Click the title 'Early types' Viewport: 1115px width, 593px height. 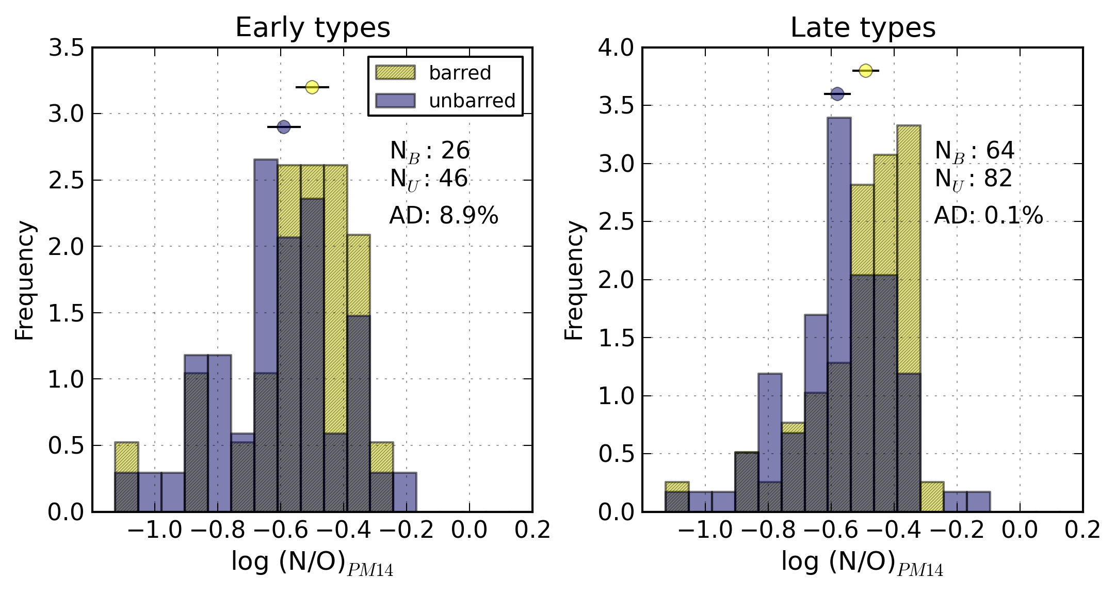pyautogui.click(x=313, y=27)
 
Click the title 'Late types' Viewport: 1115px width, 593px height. pyautogui.click(x=863, y=27)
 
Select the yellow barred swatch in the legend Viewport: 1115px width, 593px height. pyautogui.click(x=395, y=72)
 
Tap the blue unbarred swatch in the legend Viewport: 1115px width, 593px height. pyautogui.click(x=395, y=101)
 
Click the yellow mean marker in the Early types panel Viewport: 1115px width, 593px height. pyautogui.click(x=312, y=87)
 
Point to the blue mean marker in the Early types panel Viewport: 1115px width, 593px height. pyautogui.click(x=284, y=126)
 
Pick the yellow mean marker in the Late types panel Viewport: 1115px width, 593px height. pyautogui.click(x=865, y=70)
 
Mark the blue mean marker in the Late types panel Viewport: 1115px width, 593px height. pyautogui.click(x=837, y=93)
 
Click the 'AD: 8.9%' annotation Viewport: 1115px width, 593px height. pyautogui.click(x=444, y=215)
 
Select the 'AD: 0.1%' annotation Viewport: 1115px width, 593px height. pyautogui.click(x=989, y=215)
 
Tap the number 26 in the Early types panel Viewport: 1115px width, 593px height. pyautogui.click(x=455, y=151)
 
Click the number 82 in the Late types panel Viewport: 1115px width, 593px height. pyautogui.click(x=998, y=179)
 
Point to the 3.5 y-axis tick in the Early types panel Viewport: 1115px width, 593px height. pyautogui.click(x=66, y=48)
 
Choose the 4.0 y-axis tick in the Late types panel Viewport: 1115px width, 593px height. pyautogui.click(x=616, y=48)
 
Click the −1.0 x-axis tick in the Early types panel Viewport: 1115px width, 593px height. pyautogui.click(x=154, y=530)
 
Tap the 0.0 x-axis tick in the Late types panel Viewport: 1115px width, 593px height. pyautogui.click(x=1019, y=530)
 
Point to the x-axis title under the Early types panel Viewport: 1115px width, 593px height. pyautogui.click(x=312, y=563)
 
